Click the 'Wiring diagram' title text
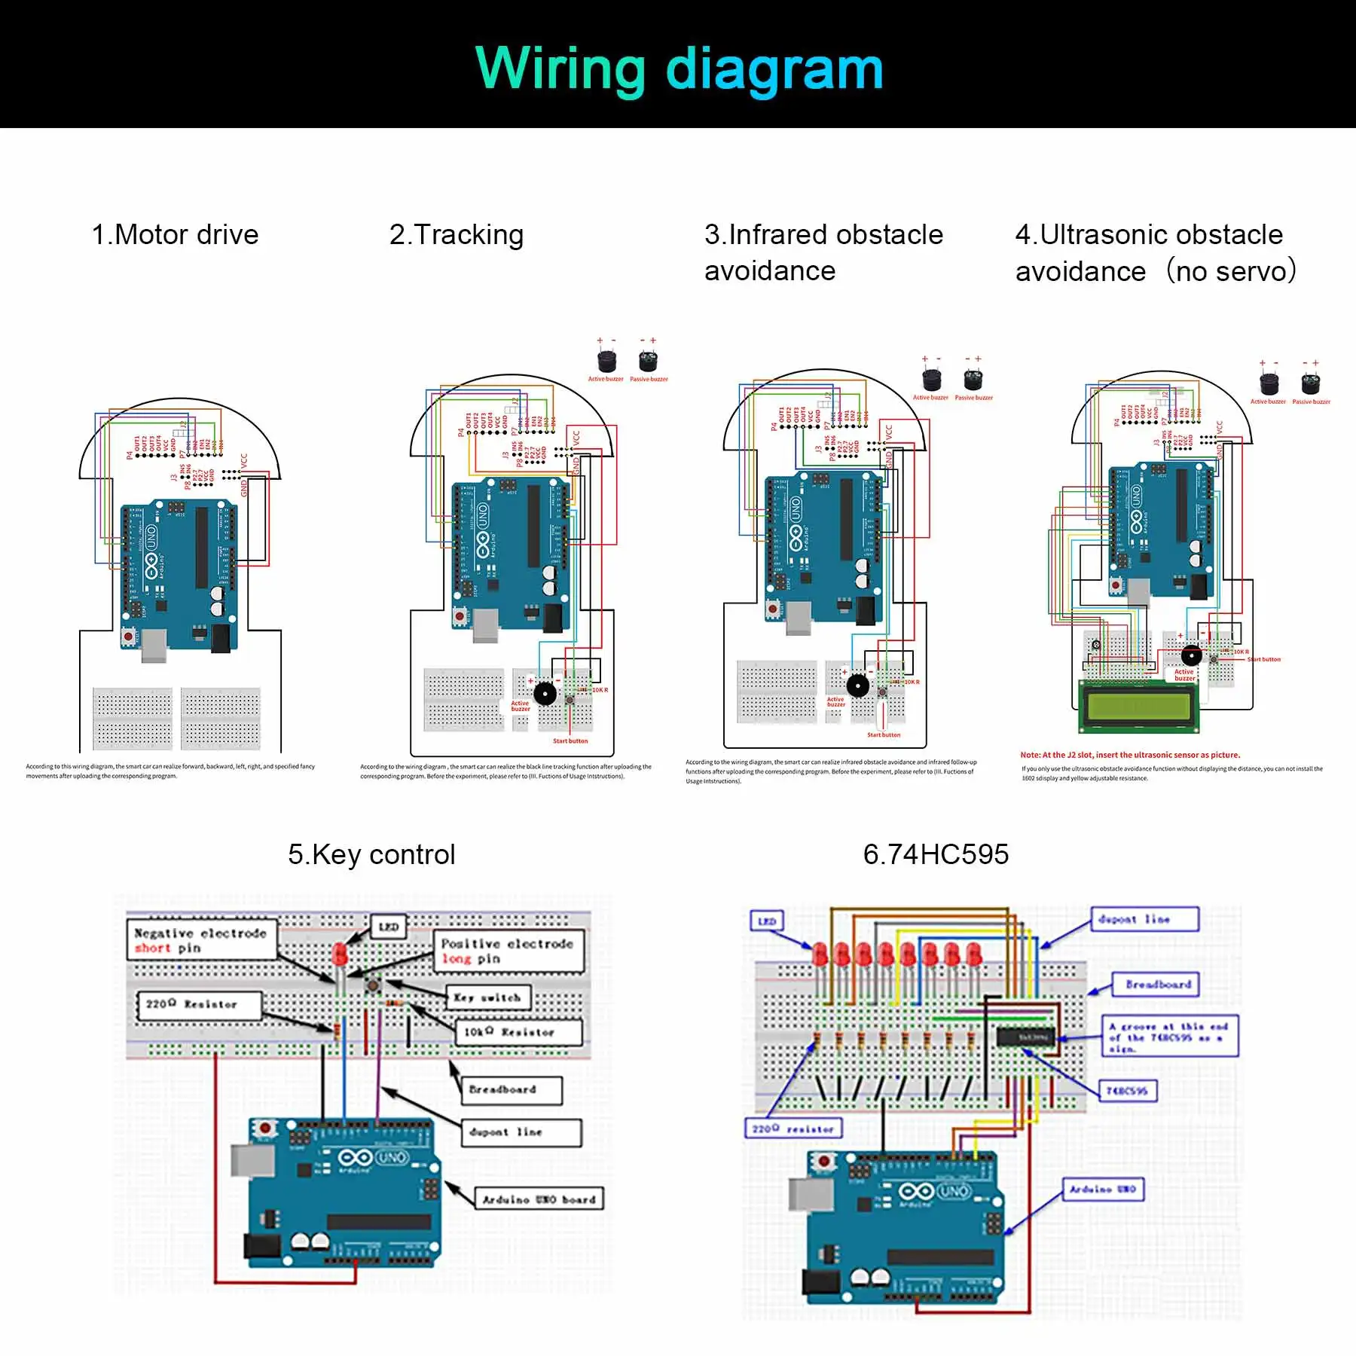pos(678,69)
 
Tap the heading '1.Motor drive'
pos(175,235)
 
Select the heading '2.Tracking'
pos(457,235)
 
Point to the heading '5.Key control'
pos(371,854)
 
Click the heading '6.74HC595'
pos(936,854)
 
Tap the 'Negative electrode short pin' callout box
pos(201,940)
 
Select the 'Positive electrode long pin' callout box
pos(508,951)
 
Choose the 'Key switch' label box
pos(488,997)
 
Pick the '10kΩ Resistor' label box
pos(518,1032)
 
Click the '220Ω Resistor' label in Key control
pos(199,1004)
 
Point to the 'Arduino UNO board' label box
pos(539,1199)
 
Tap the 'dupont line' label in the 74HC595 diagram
pos(1144,919)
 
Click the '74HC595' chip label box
pos(1126,1091)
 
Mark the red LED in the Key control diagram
pos(340,955)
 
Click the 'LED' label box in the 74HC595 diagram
pos(767,921)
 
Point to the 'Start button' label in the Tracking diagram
pos(570,741)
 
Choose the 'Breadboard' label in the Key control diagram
pos(511,1089)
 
